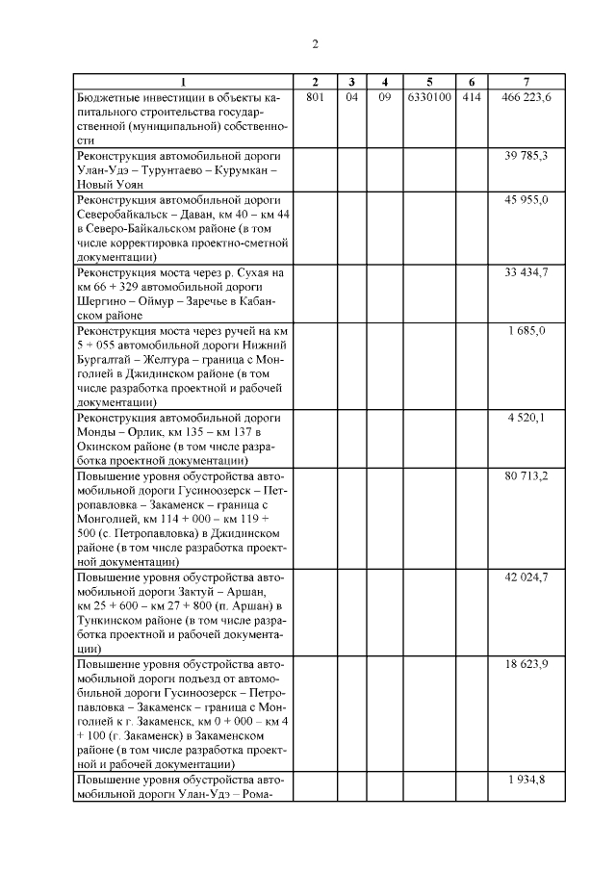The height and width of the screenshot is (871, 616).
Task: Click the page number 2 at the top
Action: tap(315, 43)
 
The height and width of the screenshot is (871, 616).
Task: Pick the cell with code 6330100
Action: tap(429, 97)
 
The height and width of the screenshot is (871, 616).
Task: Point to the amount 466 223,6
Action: tap(526, 97)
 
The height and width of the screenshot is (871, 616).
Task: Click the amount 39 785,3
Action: tap(526, 154)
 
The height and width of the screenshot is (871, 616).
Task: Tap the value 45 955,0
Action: tap(526, 199)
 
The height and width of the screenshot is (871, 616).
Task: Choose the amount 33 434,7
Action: tap(526, 272)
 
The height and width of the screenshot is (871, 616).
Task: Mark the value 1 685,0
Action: tap(526, 330)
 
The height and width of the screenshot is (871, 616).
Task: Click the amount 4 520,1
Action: tap(526, 418)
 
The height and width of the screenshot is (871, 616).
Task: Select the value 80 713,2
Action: tap(526, 475)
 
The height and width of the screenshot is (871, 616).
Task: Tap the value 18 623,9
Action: tap(526, 664)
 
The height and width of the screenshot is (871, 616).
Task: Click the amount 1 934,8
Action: tap(526, 779)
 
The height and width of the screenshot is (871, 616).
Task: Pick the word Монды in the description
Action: tap(96, 432)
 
